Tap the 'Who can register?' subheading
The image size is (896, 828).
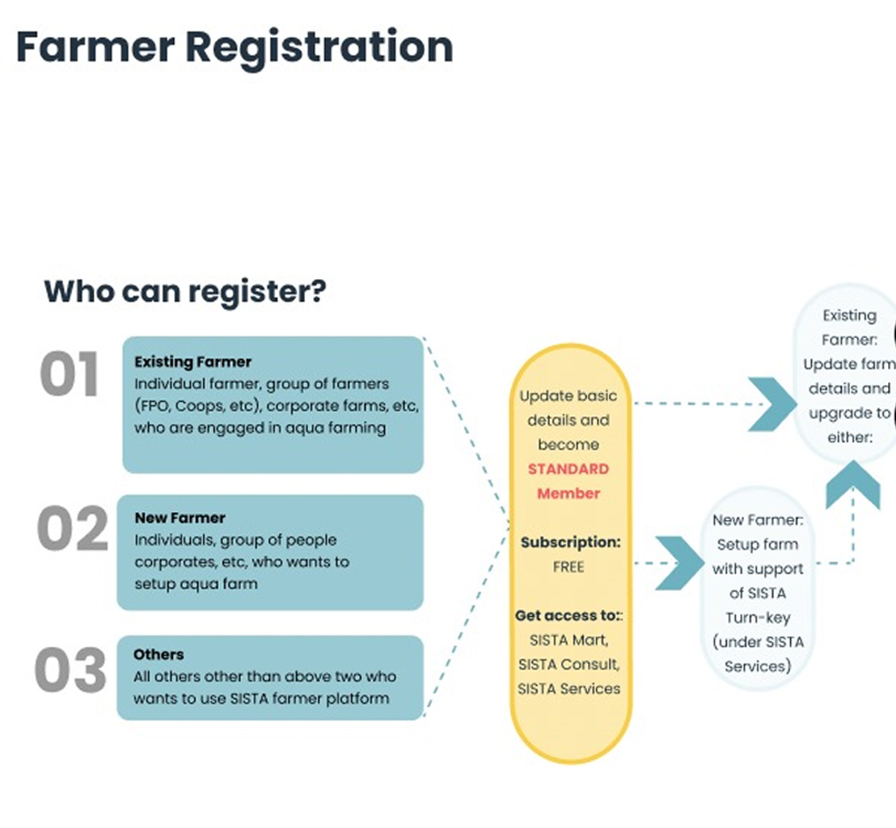(184, 291)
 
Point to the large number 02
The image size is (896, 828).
(71, 531)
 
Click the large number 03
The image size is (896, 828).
(70, 671)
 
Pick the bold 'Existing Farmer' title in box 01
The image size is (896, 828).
(192, 362)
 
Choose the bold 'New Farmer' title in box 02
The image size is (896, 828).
(179, 518)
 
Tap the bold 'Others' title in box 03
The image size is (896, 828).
(159, 655)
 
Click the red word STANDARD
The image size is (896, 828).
(568, 469)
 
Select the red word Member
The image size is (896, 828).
(568, 493)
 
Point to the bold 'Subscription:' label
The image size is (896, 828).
(568, 542)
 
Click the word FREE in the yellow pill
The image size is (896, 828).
(568, 567)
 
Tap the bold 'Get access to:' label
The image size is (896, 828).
(568, 616)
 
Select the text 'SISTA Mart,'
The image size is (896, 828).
(568, 640)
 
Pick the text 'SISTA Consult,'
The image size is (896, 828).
(568, 664)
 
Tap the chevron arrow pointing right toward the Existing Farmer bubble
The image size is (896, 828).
(771, 403)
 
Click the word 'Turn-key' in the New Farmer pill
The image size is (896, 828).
(757, 618)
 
